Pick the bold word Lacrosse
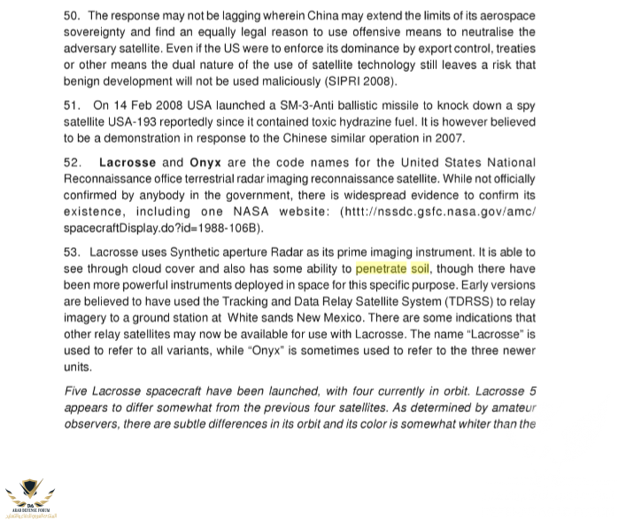pyautogui.click(x=127, y=163)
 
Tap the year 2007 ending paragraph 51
pyautogui.click(x=450, y=139)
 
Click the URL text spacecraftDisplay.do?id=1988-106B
pyautogui.click(x=164, y=229)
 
